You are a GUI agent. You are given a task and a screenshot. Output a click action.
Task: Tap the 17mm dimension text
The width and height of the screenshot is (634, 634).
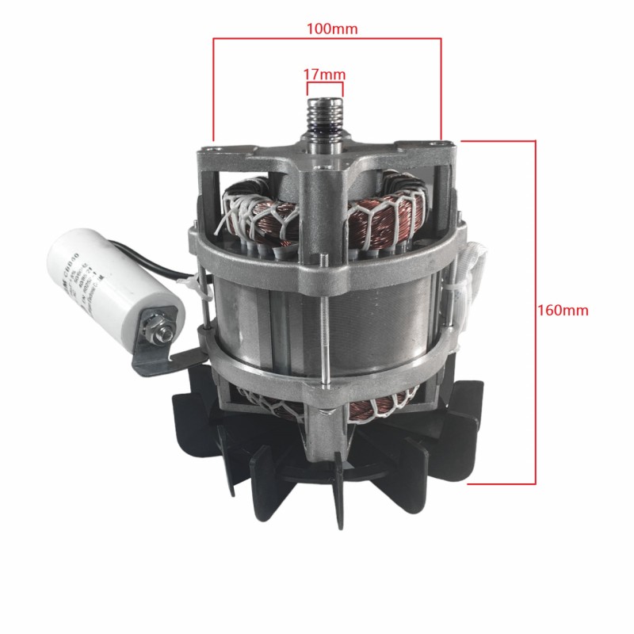tap(325, 74)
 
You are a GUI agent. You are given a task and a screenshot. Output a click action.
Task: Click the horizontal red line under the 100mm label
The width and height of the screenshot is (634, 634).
tap(326, 38)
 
